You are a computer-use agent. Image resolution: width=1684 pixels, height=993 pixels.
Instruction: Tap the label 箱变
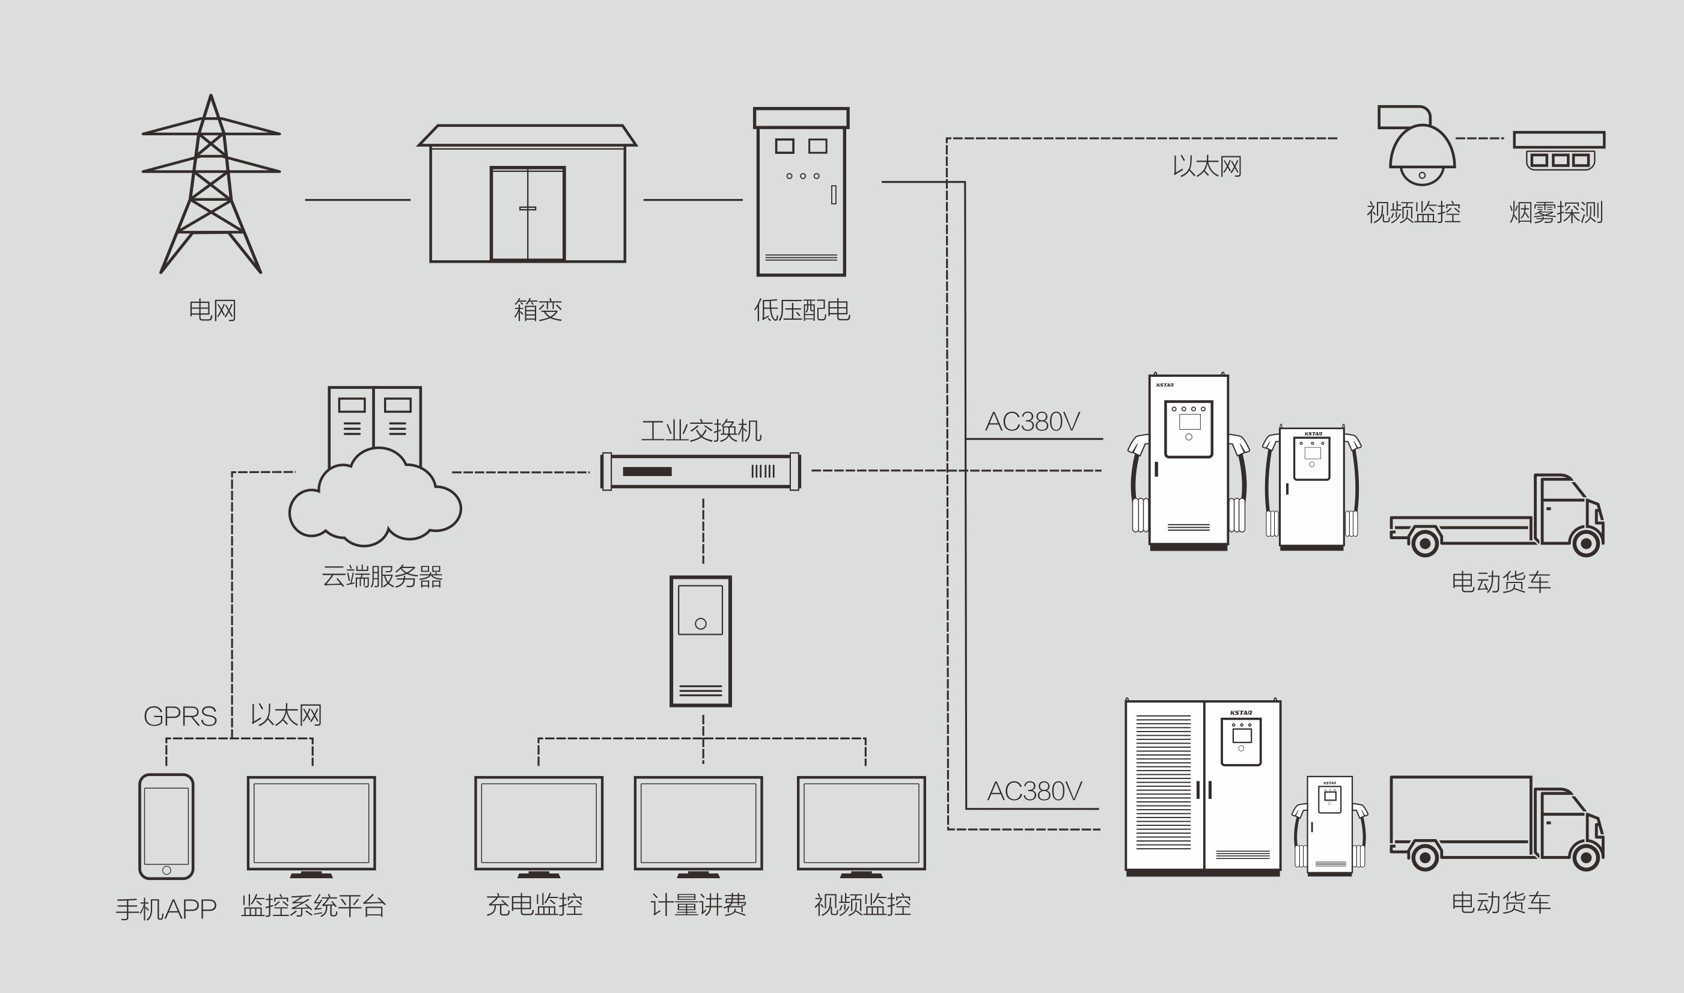(538, 310)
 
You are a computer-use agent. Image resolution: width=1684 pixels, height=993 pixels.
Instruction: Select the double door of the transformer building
(528, 213)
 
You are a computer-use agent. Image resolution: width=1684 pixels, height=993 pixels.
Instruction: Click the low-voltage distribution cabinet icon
(802, 191)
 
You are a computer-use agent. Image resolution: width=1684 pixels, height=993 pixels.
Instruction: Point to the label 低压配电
(802, 310)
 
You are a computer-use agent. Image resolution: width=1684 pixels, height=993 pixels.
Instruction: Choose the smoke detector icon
(1560, 150)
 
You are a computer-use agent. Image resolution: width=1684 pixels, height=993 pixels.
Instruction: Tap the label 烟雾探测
(1555, 212)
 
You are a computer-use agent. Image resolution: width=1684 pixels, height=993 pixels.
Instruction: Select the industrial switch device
(701, 472)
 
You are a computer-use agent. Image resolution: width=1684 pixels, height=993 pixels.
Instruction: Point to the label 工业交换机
(701, 431)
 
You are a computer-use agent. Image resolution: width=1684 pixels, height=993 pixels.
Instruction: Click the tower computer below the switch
(701, 641)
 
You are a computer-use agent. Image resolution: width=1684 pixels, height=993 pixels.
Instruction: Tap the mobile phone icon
(166, 826)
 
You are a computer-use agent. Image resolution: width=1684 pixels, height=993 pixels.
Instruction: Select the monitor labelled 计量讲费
(698, 827)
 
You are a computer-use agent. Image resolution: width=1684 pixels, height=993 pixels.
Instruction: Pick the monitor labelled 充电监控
(538, 827)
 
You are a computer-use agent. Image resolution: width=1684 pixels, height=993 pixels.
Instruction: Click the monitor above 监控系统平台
(312, 827)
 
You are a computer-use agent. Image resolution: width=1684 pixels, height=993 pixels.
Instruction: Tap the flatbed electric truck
(1496, 515)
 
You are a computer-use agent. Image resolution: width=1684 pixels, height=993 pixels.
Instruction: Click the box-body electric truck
(1496, 823)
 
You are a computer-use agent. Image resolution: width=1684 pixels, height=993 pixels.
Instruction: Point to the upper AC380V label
(1033, 421)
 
